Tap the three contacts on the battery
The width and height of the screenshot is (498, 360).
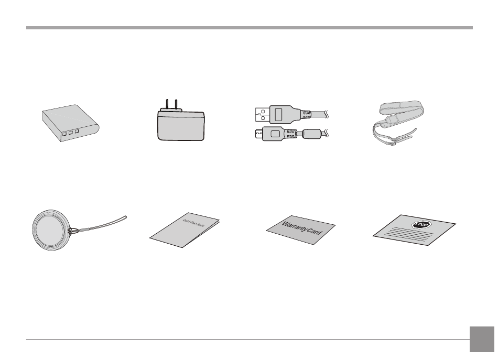(69, 133)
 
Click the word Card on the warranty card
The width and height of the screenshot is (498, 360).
(320, 231)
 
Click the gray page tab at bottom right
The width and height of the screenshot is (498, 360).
(481, 340)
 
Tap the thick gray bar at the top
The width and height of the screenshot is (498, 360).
(249, 28)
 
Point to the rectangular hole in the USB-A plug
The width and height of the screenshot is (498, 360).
(279, 114)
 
